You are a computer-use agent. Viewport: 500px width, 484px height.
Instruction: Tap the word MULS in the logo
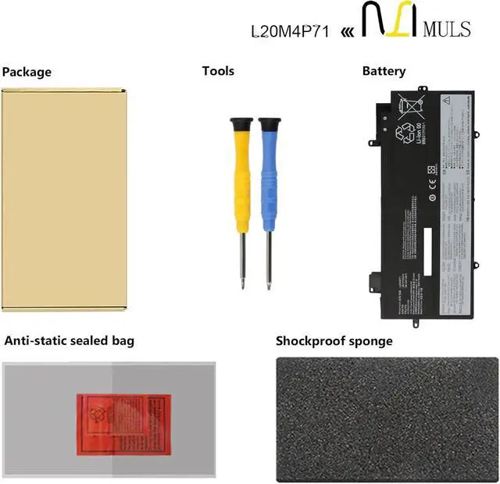coord(446,30)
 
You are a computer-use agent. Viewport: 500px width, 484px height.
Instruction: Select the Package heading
coord(27,72)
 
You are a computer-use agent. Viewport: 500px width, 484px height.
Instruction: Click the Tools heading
coord(218,71)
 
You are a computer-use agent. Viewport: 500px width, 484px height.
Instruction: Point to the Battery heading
coord(384,71)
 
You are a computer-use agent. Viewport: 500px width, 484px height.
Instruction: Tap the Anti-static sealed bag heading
coord(70,340)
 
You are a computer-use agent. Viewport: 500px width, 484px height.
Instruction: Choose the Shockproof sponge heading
coord(334,340)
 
